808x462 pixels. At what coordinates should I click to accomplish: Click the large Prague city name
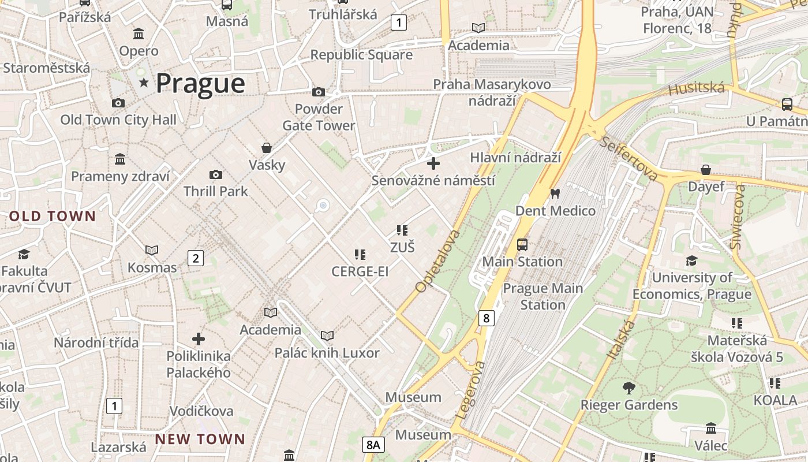click(200, 84)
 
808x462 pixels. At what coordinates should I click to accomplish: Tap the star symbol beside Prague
click(144, 83)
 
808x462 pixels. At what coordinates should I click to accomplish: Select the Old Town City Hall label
click(118, 120)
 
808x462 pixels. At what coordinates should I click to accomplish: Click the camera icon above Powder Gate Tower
click(318, 92)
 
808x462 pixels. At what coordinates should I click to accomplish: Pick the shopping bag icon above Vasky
click(267, 148)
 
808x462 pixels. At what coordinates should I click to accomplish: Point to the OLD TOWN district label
click(53, 217)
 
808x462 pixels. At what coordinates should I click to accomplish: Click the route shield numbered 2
click(196, 258)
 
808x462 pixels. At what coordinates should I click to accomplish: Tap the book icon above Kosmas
click(152, 250)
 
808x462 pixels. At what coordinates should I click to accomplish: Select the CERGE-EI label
click(360, 271)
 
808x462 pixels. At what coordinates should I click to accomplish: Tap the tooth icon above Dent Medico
click(555, 194)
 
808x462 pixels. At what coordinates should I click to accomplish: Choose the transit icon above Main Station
click(522, 245)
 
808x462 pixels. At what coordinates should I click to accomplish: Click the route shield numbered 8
click(487, 318)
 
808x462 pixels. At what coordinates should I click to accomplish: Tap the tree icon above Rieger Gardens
click(629, 388)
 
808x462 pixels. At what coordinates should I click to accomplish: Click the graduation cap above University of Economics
click(691, 260)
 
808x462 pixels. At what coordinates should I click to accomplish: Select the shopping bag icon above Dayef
click(705, 170)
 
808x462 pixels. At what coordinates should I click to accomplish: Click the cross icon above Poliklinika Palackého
click(199, 338)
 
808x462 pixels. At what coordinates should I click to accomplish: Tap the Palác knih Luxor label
click(327, 353)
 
